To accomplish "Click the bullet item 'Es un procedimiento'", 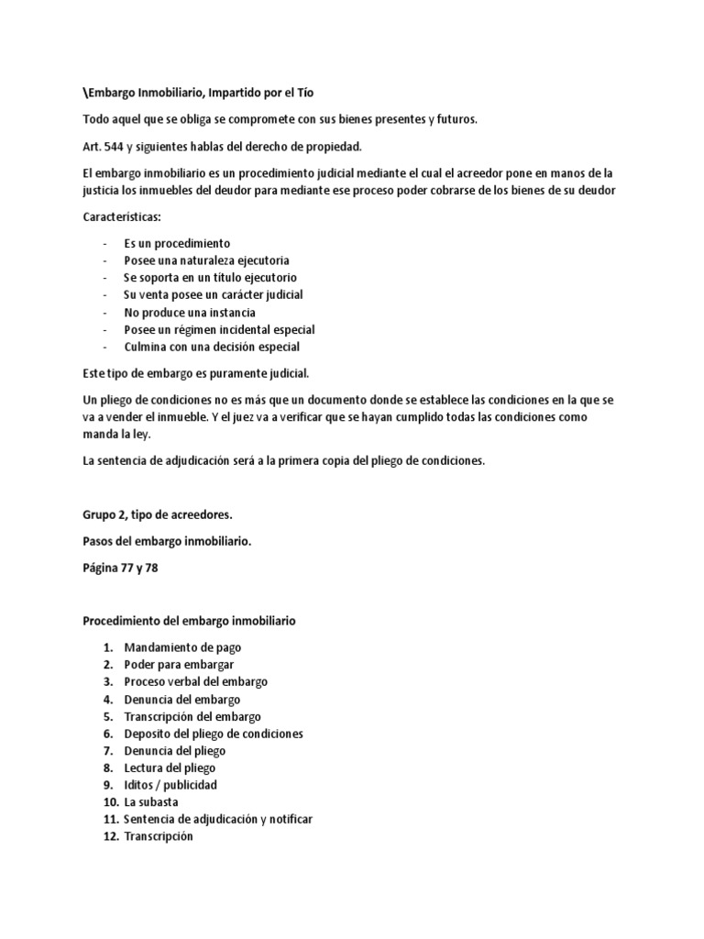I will [177, 244].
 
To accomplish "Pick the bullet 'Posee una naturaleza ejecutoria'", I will [206, 260].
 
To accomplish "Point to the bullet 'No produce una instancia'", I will [190, 312].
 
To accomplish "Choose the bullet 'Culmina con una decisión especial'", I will [212, 347].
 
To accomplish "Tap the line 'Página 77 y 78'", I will [120, 569].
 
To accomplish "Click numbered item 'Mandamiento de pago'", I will [182, 647].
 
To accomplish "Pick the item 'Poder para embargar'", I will [179, 665].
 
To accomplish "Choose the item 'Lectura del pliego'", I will [170, 768].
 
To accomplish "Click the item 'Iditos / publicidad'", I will [170, 785].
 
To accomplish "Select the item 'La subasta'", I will [151, 802].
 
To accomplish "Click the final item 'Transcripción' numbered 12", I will [159, 836].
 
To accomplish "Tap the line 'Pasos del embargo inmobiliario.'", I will [167, 542].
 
